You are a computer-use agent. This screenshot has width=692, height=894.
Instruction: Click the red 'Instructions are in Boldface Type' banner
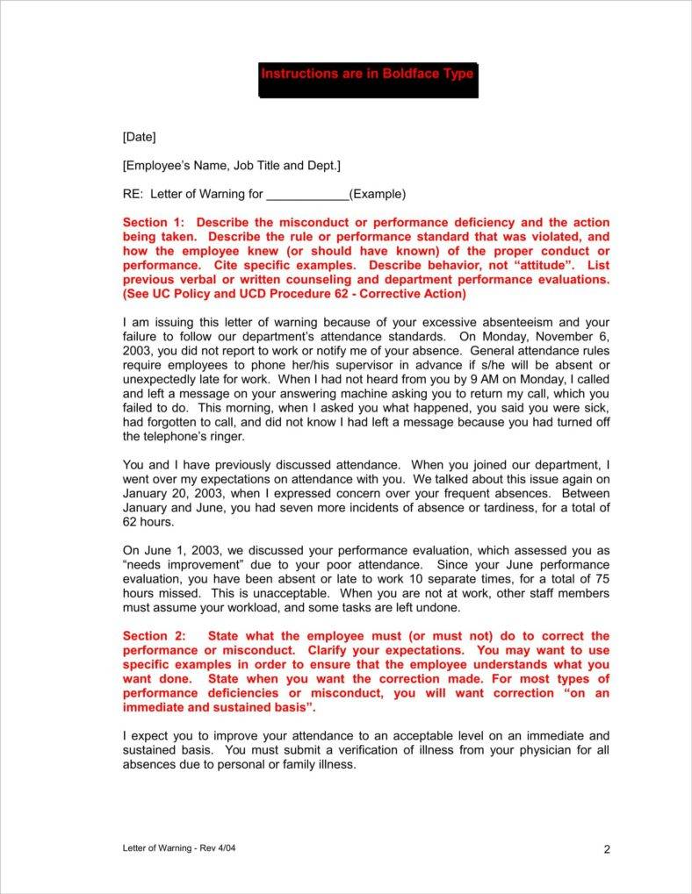pyautogui.click(x=368, y=75)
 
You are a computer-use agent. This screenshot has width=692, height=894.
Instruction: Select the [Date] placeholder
pyautogui.click(x=139, y=136)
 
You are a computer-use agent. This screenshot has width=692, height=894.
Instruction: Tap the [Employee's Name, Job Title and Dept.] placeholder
pyautogui.click(x=232, y=165)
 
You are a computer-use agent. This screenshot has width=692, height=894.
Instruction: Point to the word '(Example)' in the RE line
pyautogui.click(x=378, y=194)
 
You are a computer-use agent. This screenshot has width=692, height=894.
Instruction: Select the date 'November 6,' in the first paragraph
pyautogui.click(x=573, y=336)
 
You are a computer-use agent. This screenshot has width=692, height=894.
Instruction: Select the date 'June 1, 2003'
pyautogui.click(x=182, y=551)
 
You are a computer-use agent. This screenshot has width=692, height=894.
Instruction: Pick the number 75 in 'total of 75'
pyautogui.click(x=602, y=579)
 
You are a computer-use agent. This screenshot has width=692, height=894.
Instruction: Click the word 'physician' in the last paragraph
pyautogui.click(x=530, y=750)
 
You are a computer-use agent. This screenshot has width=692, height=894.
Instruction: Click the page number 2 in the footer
pyautogui.click(x=607, y=848)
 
